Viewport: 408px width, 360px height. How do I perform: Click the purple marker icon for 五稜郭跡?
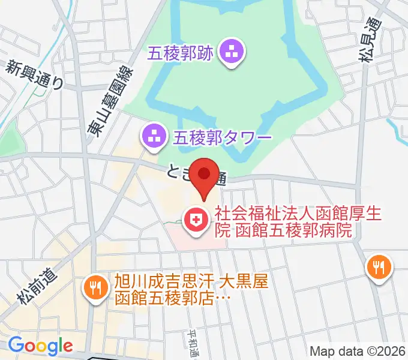coord(232,53)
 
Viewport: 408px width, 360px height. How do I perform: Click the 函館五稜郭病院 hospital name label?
coord(293,230)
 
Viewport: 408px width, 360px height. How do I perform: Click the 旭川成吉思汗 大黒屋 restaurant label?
coord(192,281)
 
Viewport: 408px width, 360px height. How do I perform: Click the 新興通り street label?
coord(35,75)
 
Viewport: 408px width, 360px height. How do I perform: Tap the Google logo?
coord(40,346)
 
